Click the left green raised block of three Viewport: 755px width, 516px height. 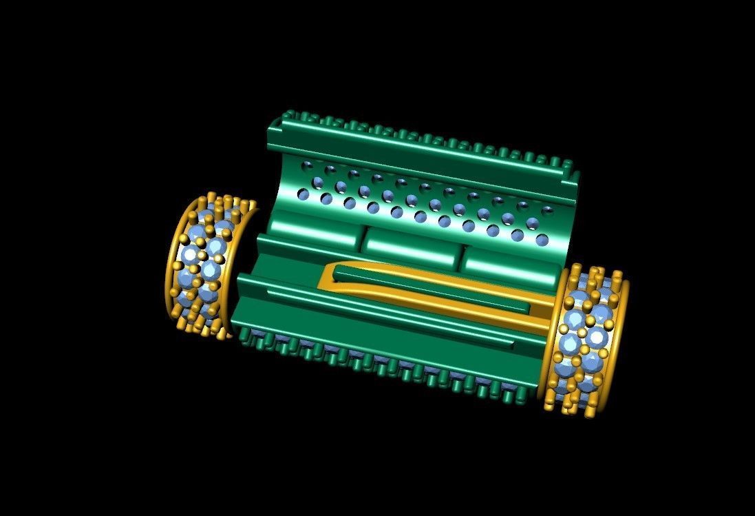(310, 242)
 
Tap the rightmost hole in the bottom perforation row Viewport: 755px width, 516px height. (542, 240)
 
